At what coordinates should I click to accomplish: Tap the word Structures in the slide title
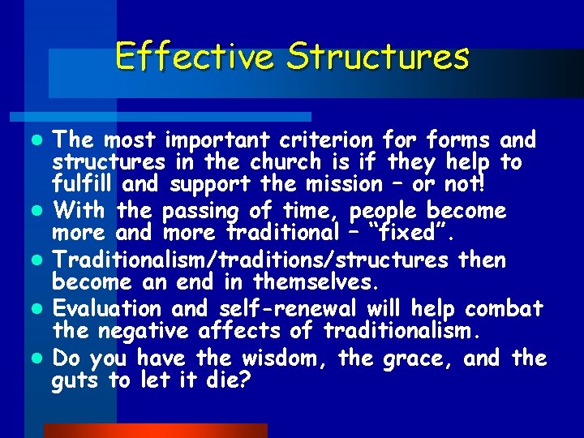pos(378,57)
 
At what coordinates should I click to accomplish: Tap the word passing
pos(200,213)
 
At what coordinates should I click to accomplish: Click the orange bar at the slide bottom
pos(155,431)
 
